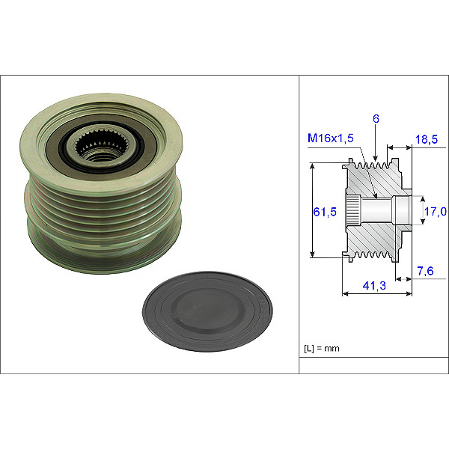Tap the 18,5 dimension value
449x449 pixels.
pyautogui.click(x=426, y=139)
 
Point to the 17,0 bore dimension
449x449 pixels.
pyautogui.click(x=435, y=212)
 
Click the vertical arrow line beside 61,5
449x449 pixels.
pyautogui.click(x=311, y=212)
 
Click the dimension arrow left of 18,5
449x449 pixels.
pyautogui.click(x=399, y=147)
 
